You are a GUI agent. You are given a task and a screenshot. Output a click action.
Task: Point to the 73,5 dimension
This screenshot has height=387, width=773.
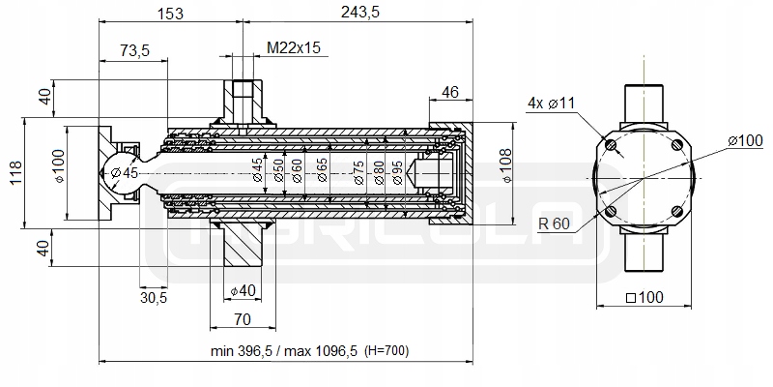point(133,51)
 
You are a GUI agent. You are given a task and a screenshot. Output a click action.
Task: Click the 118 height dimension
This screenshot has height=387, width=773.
point(14,174)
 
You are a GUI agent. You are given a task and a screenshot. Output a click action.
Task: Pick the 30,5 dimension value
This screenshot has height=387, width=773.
point(154,298)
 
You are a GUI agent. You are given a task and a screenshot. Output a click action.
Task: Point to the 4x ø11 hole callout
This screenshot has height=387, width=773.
point(551,103)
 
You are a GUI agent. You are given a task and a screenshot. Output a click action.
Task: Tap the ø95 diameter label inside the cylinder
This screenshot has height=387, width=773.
point(396,173)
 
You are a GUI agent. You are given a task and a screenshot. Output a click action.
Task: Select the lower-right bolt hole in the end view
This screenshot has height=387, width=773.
point(677,213)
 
